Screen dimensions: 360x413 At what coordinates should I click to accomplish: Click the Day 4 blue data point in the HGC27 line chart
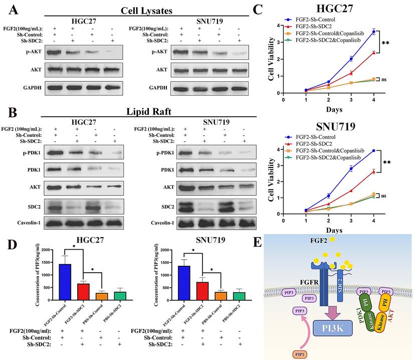[x=374, y=32]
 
